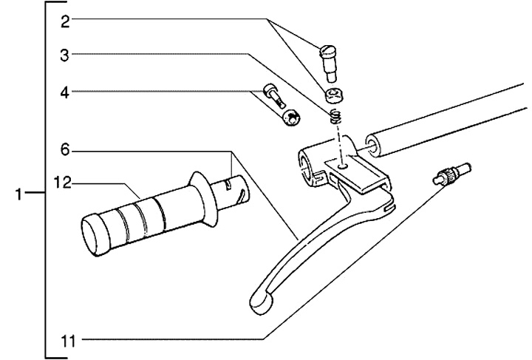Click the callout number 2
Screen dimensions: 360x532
point(65,21)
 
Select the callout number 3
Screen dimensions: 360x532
point(65,54)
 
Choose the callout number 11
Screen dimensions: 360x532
point(68,341)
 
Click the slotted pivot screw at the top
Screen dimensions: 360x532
point(329,59)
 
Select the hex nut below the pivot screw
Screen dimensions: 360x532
point(334,95)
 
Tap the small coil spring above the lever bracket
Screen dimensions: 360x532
point(336,116)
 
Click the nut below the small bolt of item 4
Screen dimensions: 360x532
point(292,116)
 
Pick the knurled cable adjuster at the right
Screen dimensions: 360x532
point(446,177)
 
